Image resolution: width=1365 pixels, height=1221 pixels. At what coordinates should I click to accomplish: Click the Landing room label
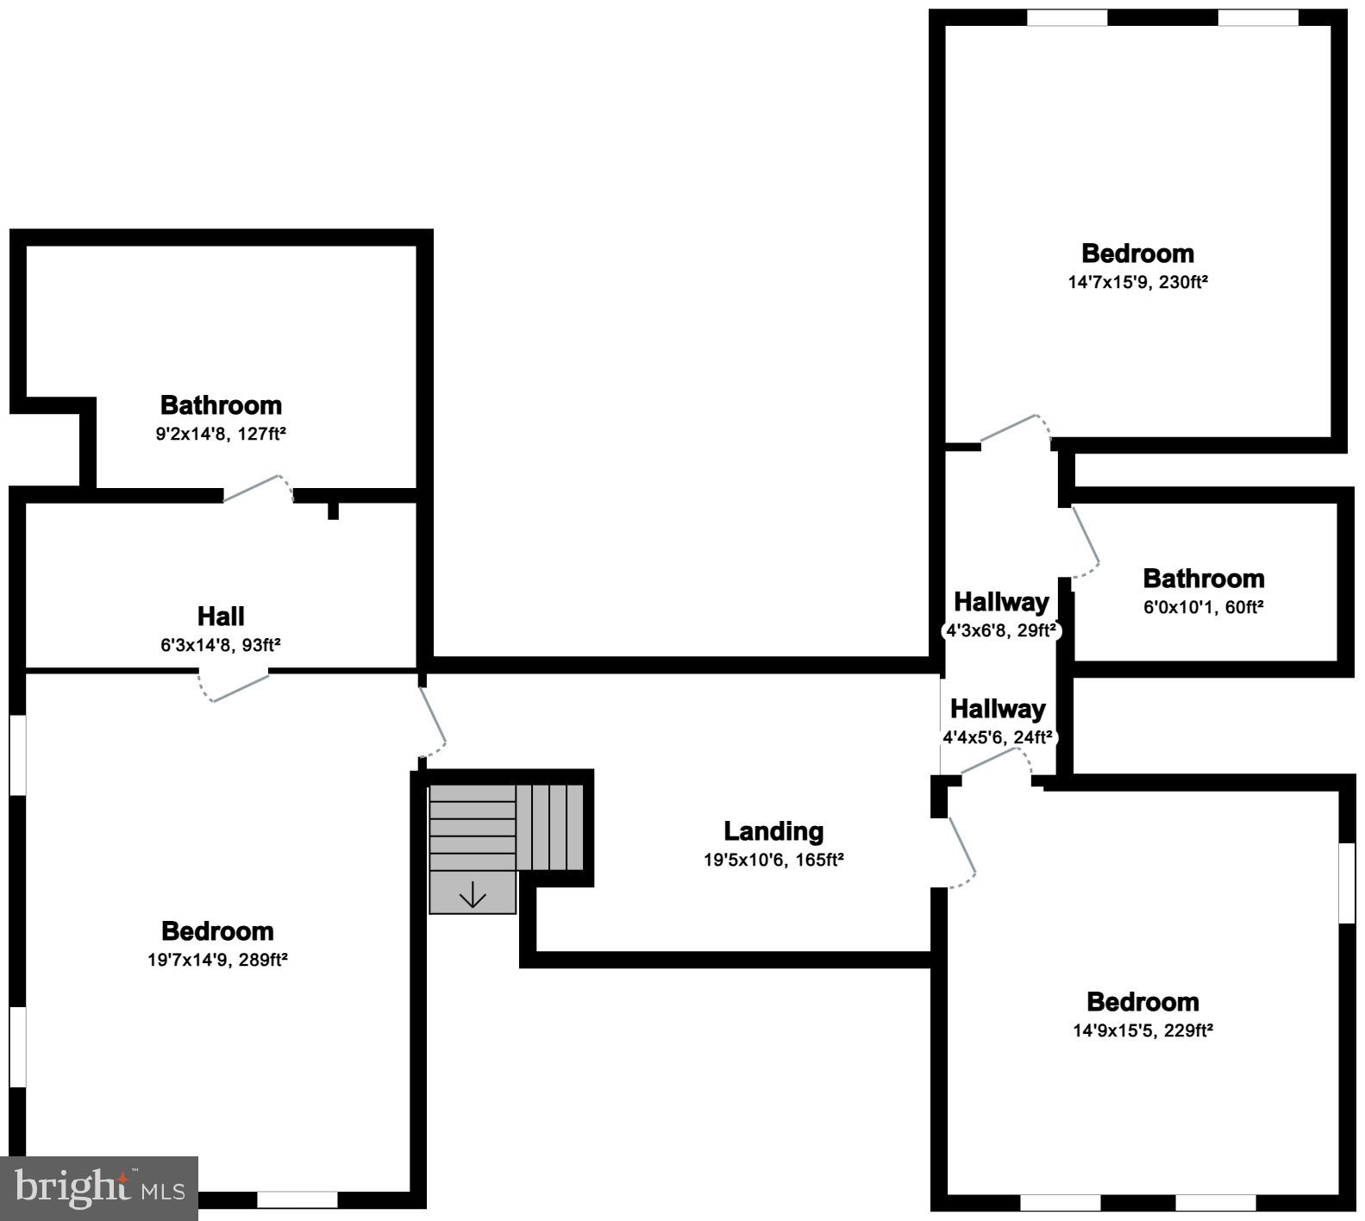[x=773, y=831]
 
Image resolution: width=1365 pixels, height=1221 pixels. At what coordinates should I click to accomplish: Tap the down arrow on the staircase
[x=473, y=896]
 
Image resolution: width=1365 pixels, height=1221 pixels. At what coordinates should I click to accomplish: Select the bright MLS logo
[x=99, y=1188]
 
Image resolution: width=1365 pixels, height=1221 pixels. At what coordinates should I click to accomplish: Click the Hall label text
[x=221, y=617]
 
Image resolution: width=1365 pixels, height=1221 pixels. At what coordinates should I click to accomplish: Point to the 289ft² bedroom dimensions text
[x=217, y=960]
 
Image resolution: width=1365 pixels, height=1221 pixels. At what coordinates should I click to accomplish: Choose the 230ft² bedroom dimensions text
[x=1137, y=282]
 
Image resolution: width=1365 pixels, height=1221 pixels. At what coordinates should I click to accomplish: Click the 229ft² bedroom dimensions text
[x=1143, y=1030]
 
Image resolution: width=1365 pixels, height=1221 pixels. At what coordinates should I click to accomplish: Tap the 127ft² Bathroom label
[x=221, y=405]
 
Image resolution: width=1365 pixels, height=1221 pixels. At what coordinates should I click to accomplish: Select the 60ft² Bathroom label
[x=1203, y=579]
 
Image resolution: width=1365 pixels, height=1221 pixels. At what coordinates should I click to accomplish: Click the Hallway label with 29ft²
[x=1000, y=602]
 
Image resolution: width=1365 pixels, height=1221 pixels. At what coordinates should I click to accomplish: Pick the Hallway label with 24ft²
[x=998, y=710]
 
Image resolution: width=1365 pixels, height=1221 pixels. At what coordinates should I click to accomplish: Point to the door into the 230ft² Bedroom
[x=1016, y=429]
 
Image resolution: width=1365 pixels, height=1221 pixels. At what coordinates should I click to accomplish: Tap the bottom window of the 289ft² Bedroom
[x=297, y=1199]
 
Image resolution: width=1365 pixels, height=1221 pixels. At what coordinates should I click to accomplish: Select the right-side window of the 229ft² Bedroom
[x=1346, y=882]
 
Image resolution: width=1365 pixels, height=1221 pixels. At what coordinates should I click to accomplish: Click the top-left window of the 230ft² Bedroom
[x=1067, y=18]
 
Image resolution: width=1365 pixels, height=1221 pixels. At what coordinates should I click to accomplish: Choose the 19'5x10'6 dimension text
[x=773, y=860]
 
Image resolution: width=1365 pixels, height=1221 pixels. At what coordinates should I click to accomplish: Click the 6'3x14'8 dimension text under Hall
[x=221, y=645]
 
